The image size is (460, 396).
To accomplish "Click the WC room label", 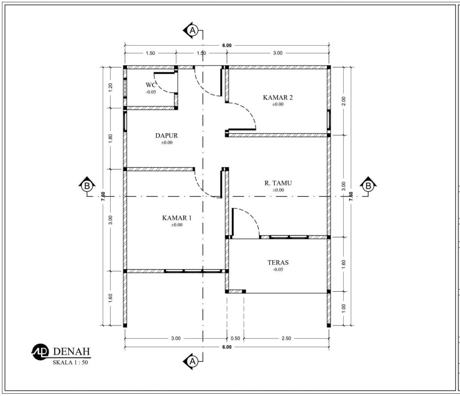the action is coord(151,85).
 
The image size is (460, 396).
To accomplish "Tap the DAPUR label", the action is coord(167,136).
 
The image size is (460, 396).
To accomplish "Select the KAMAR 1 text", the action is coord(177,218).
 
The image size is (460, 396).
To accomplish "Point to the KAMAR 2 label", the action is coord(278,98).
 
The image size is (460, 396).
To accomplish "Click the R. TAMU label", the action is coord(278,183).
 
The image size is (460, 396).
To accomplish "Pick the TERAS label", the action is coord(278,263).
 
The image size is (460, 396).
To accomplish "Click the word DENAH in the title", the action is coord(71,352).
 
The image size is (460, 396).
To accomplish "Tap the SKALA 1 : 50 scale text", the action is coord(70,363).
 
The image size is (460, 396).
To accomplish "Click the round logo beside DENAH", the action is coord(40,352).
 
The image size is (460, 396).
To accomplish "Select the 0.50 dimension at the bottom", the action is coord(235,338).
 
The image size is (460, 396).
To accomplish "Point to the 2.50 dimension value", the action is coord(286,338).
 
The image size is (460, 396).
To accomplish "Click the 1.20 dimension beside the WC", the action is coord(111,88).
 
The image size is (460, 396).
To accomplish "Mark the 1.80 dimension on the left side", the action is coord(111,138).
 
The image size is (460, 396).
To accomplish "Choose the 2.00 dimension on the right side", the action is coord(344,101).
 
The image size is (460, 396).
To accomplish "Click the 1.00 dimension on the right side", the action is coord(344,308).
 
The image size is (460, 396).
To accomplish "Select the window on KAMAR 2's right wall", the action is coord(329,120).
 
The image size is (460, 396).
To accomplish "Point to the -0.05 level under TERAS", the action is coord(278,270).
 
